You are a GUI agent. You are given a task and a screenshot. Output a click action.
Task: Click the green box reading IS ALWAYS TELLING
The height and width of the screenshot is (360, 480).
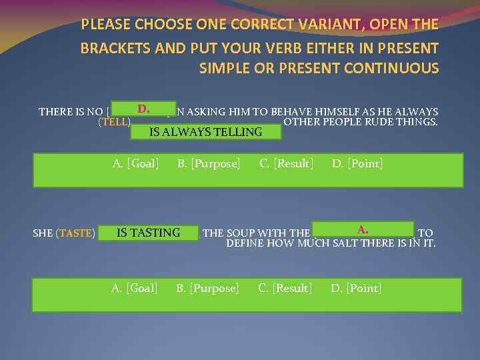click(x=205, y=132)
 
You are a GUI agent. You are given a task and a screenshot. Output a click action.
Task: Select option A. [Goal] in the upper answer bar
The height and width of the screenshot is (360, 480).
click(x=135, y=163)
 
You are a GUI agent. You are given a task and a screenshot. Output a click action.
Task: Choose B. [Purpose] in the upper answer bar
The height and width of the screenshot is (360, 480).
click(x=209, y=163)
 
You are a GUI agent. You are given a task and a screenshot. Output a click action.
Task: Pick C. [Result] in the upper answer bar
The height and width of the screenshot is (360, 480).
click(x=287, y=163)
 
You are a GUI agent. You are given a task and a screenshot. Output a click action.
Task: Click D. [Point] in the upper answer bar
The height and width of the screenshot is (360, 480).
click(x=357, y=163)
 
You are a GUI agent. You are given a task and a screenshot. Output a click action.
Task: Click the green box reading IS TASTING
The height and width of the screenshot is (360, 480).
click(x=148, y=233)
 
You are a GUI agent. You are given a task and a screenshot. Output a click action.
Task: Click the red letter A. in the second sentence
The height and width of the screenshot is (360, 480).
click(x=363, y=229)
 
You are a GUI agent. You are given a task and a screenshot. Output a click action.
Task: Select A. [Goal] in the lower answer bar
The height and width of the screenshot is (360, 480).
click(x=134, y=288)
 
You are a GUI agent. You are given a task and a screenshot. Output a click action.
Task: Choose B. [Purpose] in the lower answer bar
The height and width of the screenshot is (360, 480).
click(x=207, y=288)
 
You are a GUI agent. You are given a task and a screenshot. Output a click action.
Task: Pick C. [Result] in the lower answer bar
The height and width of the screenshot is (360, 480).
click(x=285, y=288)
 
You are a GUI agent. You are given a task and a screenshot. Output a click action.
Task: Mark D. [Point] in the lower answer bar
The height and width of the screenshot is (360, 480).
click(x=356, y=288)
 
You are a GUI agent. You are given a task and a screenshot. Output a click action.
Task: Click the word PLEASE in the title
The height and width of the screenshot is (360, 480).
click(x=105, y=25)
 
